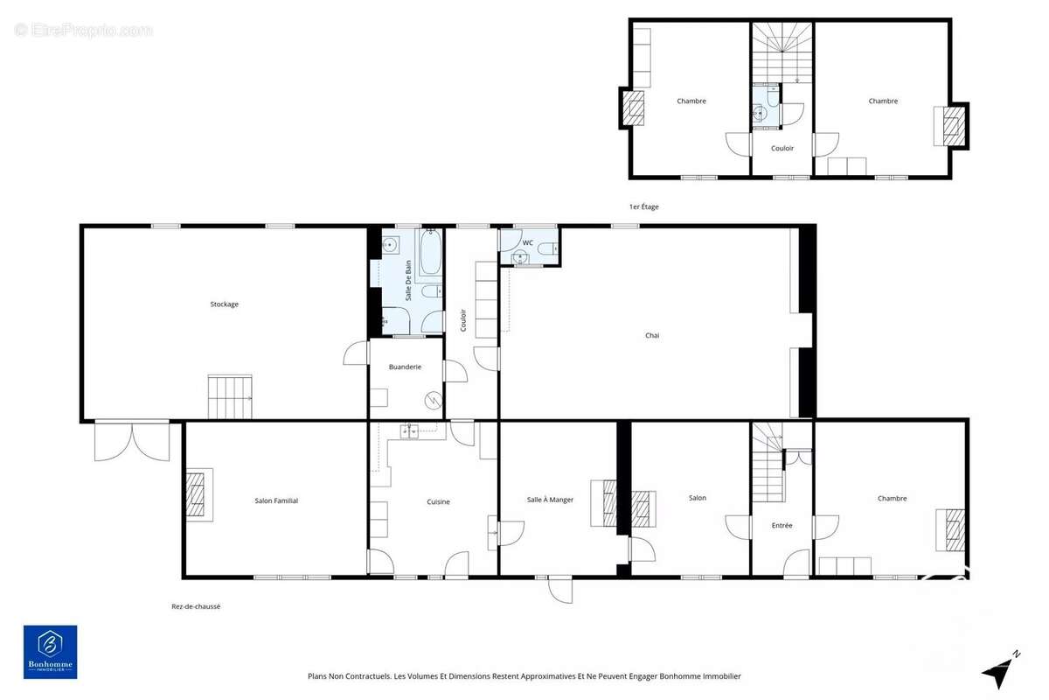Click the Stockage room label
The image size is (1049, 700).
pos(224,304)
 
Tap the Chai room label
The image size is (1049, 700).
pos(652,335)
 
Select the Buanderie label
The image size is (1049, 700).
pos(406,367)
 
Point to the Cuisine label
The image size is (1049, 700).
pos(438,501)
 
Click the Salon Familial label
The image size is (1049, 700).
pos(276,500)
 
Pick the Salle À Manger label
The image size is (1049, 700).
pos(551,500)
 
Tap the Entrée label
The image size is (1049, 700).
pos(782,525)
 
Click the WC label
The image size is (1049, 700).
pos(528,242)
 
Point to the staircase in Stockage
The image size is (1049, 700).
pos(230,396)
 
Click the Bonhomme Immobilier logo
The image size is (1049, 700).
pos(50,651)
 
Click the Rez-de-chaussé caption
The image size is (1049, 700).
pos(196,606)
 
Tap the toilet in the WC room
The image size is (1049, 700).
pos(547,249)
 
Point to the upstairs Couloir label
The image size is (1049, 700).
pos(782,148)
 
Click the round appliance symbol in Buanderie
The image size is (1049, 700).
pos(431,401)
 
